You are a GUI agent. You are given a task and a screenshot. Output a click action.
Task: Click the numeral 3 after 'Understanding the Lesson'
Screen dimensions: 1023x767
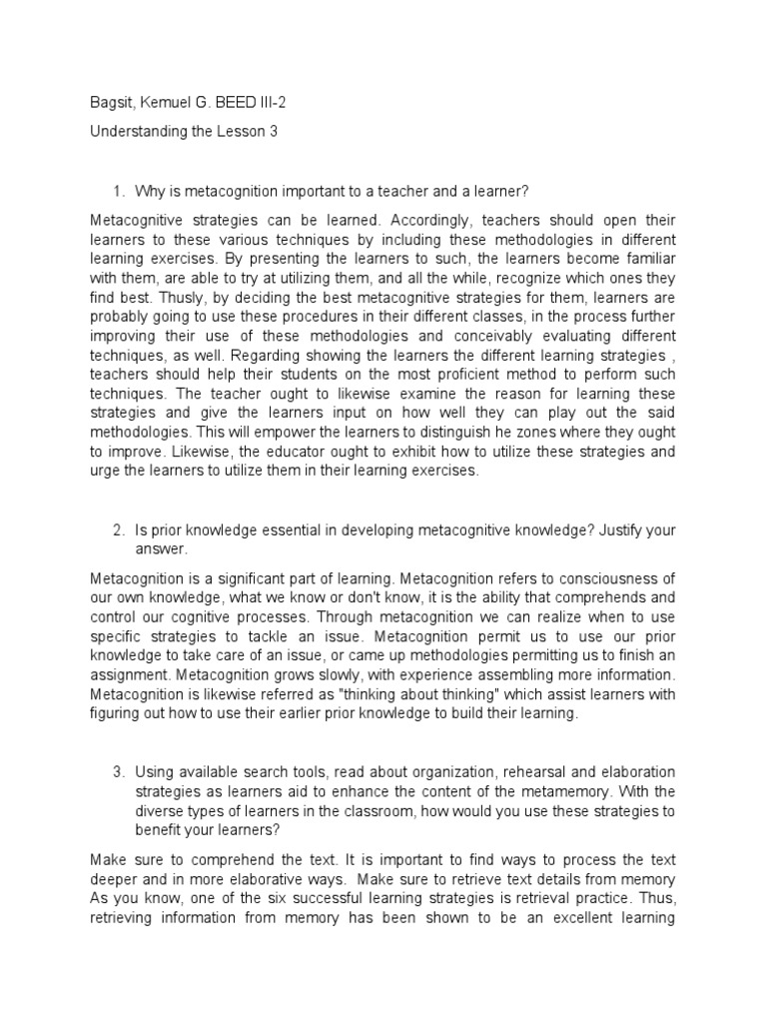[x=274, y=131]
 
